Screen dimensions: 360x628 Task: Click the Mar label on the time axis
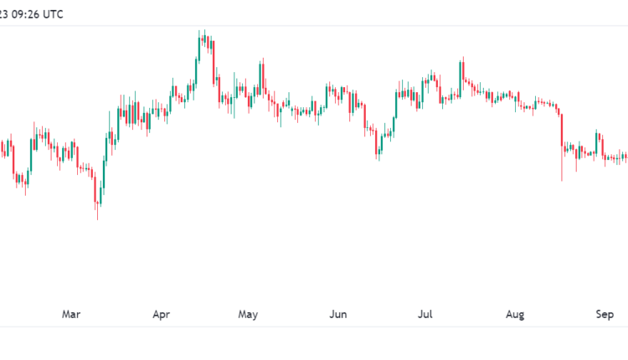pos(71,315)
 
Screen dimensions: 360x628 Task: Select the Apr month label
pos(162,315)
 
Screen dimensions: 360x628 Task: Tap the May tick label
pos(248,315)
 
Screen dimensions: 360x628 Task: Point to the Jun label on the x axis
pos(337,315)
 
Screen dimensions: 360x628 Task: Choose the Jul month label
pos(425,315)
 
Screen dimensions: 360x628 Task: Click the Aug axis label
pos(515,315)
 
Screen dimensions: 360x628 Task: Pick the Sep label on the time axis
pos(605,315)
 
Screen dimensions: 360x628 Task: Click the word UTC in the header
pos(51,14)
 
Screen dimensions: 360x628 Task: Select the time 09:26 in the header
pos(23,14)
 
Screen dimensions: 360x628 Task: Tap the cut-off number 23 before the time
pos(3,14)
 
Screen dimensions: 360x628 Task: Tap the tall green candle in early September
pos(597,142)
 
